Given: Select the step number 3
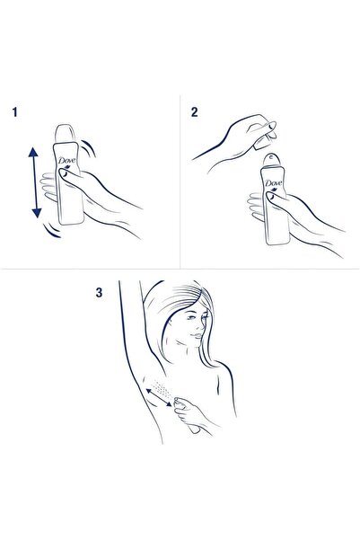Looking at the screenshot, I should point(98,292).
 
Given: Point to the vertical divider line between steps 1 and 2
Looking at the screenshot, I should point(180,180).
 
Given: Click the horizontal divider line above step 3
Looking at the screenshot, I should point(180,268).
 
